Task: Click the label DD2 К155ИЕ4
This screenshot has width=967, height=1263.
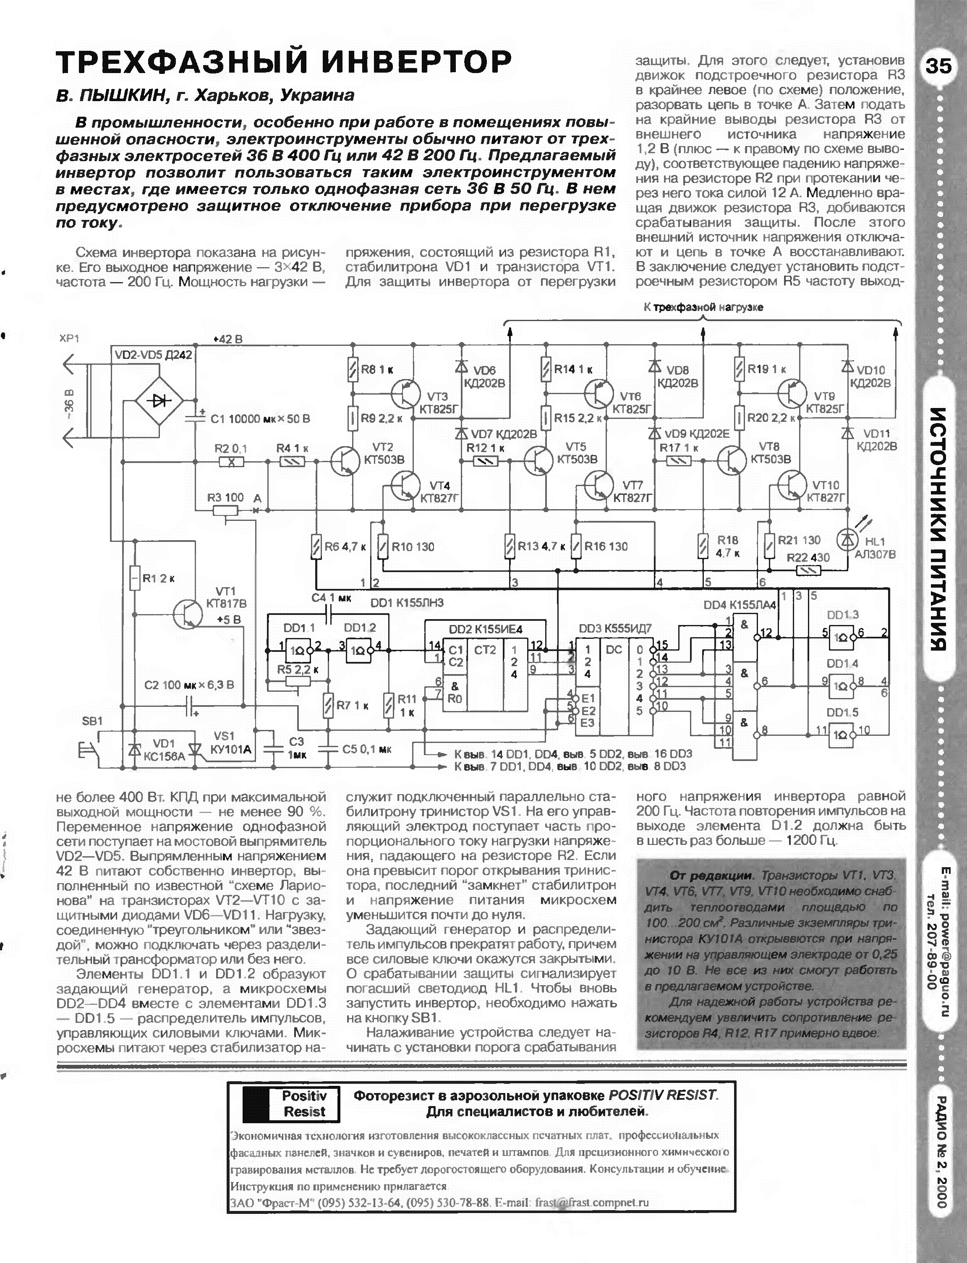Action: pyautogui.click(x=485, y=629)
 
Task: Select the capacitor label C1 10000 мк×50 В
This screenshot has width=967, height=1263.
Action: pyautogui.click(x=260, y=419)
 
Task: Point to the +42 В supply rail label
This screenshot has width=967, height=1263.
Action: pyautogui.click(x=227, y=339)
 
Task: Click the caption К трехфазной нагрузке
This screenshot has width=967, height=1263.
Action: pyautogui.click(x=703, y=307)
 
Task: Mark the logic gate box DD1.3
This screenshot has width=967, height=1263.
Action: pyautogui.click(x=842, y=635)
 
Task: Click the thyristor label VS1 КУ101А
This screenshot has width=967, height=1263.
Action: pyautogui.click(x=232, y=744)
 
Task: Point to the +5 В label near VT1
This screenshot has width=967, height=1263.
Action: pyautogui.click(x=228, y=620)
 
